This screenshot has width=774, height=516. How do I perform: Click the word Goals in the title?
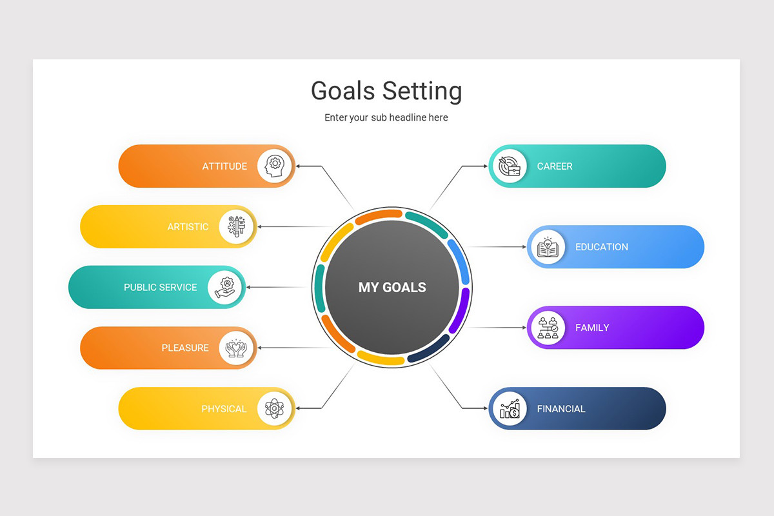(342, 91)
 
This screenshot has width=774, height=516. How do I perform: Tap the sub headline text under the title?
(386, 117)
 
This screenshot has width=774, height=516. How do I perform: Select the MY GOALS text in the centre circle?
(392, 288)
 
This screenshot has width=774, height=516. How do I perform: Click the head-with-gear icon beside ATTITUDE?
(275, 166)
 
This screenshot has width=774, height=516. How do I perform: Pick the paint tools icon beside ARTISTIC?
(237, 226)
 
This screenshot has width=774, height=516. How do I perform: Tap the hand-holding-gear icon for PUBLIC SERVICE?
(226, 287)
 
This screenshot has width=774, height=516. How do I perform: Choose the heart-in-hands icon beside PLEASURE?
(237, 348)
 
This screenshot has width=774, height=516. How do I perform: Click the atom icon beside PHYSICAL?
(275, 408)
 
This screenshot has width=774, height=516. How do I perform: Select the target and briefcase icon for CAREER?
(509, 166)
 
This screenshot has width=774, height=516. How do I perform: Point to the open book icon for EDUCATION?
(547, 247)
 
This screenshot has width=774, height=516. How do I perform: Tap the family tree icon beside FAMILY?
(547, 328)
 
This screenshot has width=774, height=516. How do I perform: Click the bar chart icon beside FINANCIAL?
(509, 408)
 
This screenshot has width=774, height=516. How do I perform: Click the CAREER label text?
(555, 166)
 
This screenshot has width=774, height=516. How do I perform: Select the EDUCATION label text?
(601, 247)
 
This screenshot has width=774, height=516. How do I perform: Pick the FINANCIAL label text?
(561, 409)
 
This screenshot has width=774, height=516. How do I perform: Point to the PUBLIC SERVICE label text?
(161, 288)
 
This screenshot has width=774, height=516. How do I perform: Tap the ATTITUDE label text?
(224, 166)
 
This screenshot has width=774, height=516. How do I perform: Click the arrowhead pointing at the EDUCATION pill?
(524, 247)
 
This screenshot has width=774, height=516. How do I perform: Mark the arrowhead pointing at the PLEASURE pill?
(261, 348)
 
